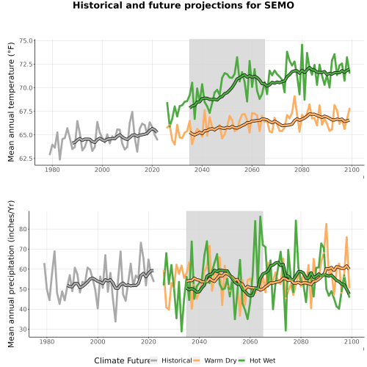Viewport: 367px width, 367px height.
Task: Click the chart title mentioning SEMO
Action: [x=183, y=5]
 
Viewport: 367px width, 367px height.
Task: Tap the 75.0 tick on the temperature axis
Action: [x=26, y=40]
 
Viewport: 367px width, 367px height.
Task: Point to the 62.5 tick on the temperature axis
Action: [x=26, y=159]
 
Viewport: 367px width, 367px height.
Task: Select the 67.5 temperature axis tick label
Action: [x=26, y=112]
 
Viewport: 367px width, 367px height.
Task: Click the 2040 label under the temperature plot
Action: [x=202, y=170]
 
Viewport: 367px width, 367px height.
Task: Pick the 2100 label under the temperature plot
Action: [x=352, y=170]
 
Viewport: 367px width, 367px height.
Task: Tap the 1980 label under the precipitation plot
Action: [x=47, y=341]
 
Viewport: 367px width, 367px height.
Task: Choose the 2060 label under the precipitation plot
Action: [x=250, y=341]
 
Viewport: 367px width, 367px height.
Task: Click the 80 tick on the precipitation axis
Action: [x=23, y=230]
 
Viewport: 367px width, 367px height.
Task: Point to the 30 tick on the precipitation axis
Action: [x=23, y=330]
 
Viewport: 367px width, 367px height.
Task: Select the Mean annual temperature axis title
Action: [x=11, y=102]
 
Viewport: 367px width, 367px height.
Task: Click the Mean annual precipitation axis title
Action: [x=11, y=274]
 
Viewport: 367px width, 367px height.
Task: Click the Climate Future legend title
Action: [x=122, y=360]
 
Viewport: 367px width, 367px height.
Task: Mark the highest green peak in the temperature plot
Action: [x=302, y=45]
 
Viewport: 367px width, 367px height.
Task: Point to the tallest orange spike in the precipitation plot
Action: [x=326, y=224]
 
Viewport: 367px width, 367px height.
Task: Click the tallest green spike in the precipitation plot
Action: [x=261, y=217]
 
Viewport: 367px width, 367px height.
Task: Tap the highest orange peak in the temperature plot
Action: [x=294, y=96]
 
